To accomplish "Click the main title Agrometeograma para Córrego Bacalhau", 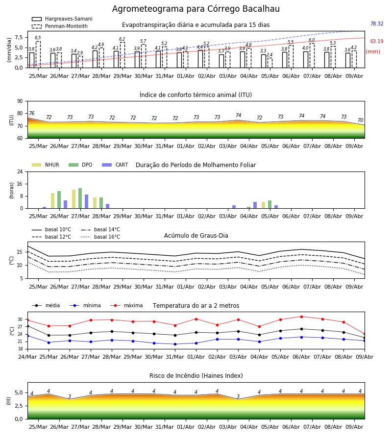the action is (x=196, y=9).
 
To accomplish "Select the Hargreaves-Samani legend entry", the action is (x=62, y=19).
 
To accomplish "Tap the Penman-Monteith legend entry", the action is (x=60, y=26).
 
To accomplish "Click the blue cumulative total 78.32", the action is (x=377, y=24).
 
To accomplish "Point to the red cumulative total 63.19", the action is (x=377, y=41).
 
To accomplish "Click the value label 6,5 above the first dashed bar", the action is (x=38, y=38).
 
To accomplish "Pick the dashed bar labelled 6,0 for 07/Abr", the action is (x=312, y=55).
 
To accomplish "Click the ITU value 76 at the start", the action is (x=31, y=113).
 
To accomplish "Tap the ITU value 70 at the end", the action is (x=360, y=121).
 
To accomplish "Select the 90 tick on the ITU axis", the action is (x=20, y=101).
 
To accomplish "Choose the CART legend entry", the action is (x=115, y=165).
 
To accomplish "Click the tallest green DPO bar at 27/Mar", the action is (x=80, y=198).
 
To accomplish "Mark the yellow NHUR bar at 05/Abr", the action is (x=264, y=205).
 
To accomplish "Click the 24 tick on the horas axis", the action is (x=20, y=171).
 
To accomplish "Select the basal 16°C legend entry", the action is (x=100, y=237).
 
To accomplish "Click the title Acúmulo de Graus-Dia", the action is (x=196, y=236).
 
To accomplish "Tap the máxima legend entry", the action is (x=127, y=305).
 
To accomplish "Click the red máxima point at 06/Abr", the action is (x=301, y=317).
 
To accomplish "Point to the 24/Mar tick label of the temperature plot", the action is (x=27, y=357).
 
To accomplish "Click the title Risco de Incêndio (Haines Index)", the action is (x=196, y=376).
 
